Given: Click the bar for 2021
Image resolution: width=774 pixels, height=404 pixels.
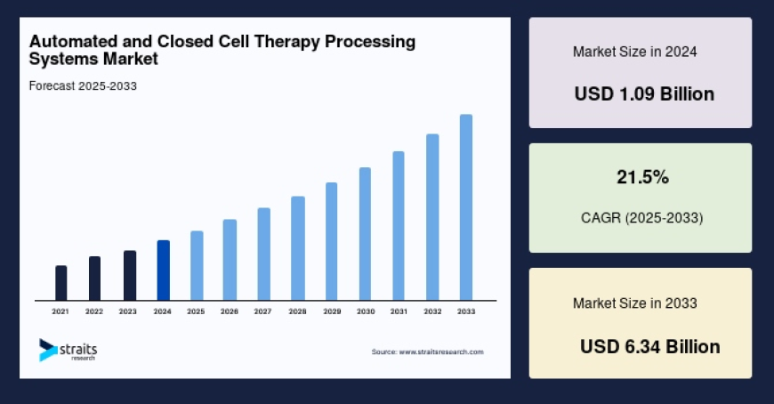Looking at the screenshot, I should (x=61, y=283).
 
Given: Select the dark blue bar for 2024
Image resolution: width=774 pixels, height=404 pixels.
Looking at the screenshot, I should (x=163, y=271).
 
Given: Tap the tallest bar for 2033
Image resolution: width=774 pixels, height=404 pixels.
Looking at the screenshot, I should (x=465, y=207).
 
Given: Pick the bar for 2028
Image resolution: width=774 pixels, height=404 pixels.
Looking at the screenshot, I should (x=298, y=248).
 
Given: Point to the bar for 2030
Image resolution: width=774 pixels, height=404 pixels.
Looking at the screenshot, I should (x=365, y=234).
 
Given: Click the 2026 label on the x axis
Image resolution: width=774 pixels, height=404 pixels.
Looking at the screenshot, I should (x=230, y=311).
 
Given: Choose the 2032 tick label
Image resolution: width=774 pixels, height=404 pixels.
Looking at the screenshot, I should (x=432, y=311).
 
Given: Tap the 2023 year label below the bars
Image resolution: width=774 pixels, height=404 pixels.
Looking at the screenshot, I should (x=128, y=311).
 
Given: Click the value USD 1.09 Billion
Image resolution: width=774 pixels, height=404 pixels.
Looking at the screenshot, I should (x=644, y=93).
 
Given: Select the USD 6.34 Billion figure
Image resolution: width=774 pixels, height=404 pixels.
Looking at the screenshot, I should (x=650, y=346).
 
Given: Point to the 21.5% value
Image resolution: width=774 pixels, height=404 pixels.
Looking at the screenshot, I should (x=642, y=178).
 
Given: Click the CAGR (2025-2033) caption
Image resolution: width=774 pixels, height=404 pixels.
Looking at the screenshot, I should (x=641, y=217).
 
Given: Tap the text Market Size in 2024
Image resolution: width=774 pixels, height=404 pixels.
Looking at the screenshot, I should (x=634, y=52).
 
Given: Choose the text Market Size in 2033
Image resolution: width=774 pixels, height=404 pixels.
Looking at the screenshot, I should (x=634, y=303).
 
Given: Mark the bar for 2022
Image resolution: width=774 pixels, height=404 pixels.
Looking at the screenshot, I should (x=94, y=279).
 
